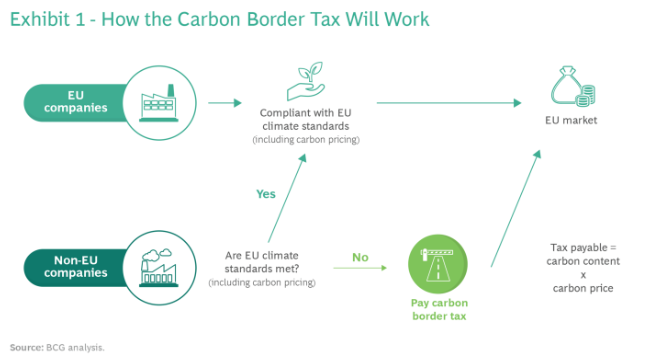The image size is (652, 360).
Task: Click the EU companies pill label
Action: tap(76, 102)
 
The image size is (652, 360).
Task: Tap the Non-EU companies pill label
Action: tap(76, 266)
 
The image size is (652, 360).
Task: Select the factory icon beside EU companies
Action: tap(158, 103)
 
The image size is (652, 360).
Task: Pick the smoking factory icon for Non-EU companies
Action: tap(158, 268)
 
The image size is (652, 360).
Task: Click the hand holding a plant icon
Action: tap(306, 81)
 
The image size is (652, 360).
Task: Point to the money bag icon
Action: tap(573, 86)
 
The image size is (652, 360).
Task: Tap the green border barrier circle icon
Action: tap(438, 264)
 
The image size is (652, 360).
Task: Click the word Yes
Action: tap(266, 194)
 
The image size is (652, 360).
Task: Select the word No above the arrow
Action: tap(360, 257)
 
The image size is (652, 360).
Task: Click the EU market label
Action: tap(571, 120)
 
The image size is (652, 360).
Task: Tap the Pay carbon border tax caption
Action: tap(439, 309)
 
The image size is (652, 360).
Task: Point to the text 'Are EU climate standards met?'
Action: tap(262, 262)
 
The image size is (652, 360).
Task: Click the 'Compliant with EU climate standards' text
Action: tap(306, 119)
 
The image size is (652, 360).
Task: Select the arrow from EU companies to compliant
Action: tap(225, 103)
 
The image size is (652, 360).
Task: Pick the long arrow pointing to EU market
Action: tap(449, 103)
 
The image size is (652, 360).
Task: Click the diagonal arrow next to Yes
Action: tap(287, 198)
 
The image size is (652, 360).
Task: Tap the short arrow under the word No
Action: tap(360, 268)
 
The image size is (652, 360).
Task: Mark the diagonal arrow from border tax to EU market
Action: tap(516, 208)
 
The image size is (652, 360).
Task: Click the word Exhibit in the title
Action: tap(40, 20)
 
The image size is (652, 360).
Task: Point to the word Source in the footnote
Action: tap(26, 348)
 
